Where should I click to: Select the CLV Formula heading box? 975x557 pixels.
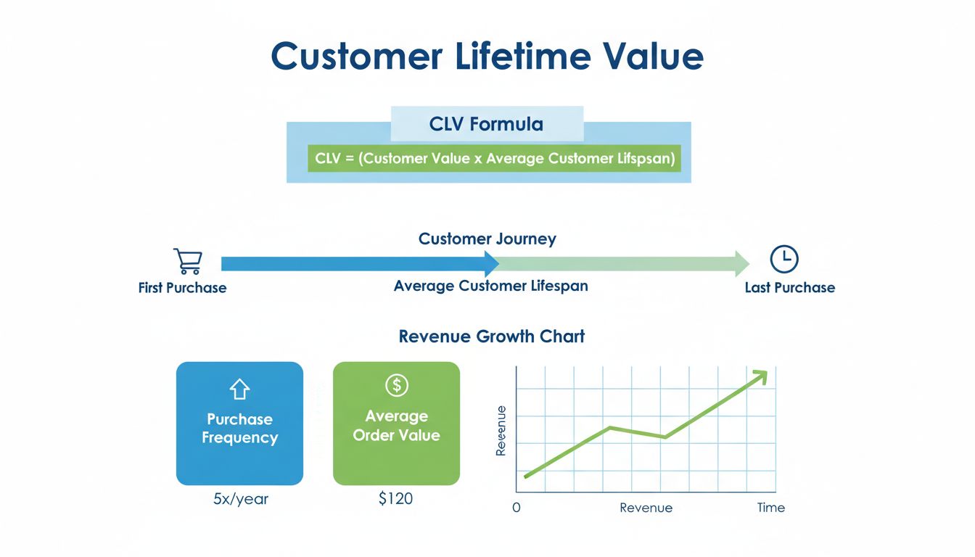coord(486,124)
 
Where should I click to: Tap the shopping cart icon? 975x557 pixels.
coord(187,260)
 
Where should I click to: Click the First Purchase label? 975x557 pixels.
coord(182,288)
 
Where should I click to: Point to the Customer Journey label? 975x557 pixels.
coord(487,239)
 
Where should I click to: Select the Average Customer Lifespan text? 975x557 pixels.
coord(490,286)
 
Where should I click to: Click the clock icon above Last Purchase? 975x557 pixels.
coord(784,259)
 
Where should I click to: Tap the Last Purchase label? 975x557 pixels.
coord(789,288)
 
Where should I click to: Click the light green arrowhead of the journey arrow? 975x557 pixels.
coord(741,263)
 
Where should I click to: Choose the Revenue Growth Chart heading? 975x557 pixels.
coord(491,337)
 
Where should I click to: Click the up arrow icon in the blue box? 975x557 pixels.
coord(239,390)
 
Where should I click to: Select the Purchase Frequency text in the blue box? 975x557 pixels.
coord(239,429)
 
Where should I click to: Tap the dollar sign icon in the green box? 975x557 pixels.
coord(396,385)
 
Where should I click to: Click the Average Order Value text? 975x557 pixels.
coord(396,426)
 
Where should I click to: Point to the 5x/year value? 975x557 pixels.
coord(239,500)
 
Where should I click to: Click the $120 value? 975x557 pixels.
coord(396,499)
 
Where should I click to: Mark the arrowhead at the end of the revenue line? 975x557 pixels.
coord(760,376)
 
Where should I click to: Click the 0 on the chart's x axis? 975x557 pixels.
coord(517,508)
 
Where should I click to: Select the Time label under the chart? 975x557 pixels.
coord(770,508)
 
